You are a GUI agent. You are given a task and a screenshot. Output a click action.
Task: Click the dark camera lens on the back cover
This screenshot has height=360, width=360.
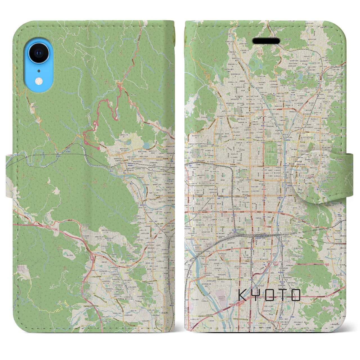point(37,53)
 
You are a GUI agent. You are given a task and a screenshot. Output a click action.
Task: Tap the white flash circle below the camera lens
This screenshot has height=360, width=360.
point(39,81)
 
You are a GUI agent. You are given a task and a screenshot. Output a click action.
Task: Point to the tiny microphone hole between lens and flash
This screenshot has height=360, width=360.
point(38,71)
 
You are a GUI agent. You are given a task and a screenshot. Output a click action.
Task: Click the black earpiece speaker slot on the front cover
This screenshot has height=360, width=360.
point(266,41)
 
